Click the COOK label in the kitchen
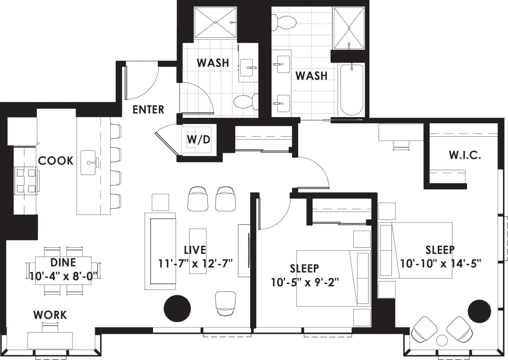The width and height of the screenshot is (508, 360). [x=56, y=161]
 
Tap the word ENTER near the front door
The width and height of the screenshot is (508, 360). [x=148, y=109]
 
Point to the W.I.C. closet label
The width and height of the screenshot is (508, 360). [x=465, y=155]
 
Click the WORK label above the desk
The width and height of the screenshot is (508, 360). [x=50, y=315]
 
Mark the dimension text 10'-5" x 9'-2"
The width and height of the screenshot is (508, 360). [x=305, y=282]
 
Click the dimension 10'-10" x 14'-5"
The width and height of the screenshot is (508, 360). [x=440, y=263]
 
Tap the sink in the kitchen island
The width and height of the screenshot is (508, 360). [x=89, y=162]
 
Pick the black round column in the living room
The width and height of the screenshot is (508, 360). [x=177, y=308]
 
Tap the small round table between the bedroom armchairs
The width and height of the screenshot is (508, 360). [x=441, y=340]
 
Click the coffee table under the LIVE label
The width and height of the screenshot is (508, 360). [x=198, y=251]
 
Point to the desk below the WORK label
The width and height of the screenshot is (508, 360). [x=50, y=340]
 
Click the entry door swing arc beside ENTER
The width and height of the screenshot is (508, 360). [x=142, y=82]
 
